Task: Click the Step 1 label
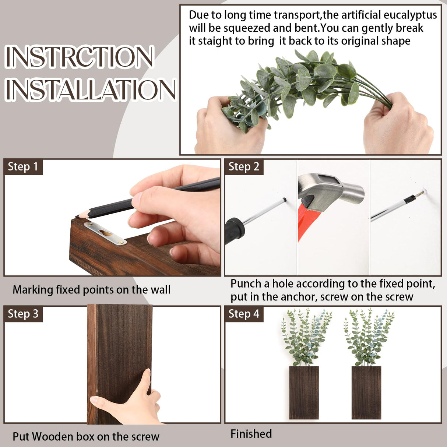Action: [x=23, y=167]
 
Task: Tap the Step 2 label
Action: [x=244, y=167]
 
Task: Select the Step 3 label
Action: [x=23, y=314]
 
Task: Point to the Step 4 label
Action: [x=244, y=314]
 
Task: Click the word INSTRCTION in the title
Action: [x=79, y=57]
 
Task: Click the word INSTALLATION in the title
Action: [x=90, y=89]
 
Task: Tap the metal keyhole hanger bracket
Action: [x=106, y=233]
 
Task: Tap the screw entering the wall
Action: [x=419, y=194]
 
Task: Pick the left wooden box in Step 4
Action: [x=304, y=392]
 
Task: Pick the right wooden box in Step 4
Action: [x=366, y=392]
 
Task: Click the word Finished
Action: [x=251, y=434]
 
